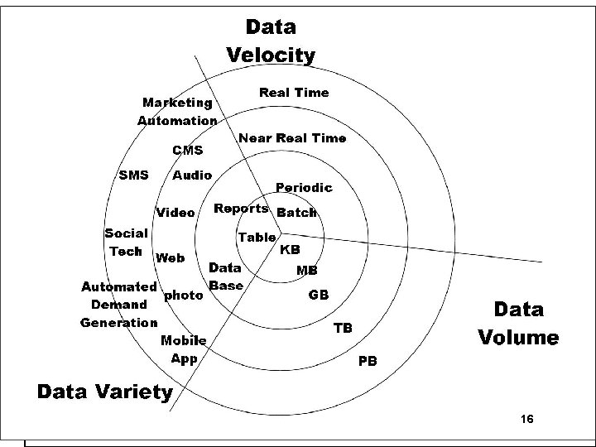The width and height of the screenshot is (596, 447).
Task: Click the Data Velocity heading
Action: click(x=271, y=41)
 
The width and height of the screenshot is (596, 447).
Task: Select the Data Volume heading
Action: click(x=518, y=324)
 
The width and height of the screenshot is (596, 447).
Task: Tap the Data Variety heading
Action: click(x=105, y=392)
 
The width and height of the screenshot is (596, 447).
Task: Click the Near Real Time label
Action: click(x=292, y=138)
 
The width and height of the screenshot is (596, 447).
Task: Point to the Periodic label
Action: click(x=304, y=188)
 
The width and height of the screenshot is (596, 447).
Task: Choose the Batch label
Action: click(x=296, y=213)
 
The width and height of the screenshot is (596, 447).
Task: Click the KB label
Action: click(x=290, y=249)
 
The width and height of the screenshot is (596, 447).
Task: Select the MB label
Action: click(x=307, y=271)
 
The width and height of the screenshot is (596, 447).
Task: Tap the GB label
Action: click(x=319, y=295)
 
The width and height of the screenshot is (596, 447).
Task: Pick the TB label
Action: click(x=343, y=328)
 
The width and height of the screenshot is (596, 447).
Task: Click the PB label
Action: click(x=368, y=362)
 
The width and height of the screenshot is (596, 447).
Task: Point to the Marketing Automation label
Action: click(x=177, y=112)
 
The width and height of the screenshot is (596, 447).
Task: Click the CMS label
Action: click(x=188, y=151)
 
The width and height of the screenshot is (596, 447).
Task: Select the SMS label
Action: click(x=134, y=175)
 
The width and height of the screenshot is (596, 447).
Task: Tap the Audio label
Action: click(x=191, y=175)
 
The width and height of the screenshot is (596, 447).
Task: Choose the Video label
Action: click(x=175, y=213)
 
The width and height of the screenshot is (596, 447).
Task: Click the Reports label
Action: click(x=241, y=209)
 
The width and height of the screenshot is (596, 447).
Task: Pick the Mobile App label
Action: click(x=184, y=349)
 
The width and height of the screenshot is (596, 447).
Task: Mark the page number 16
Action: click(x=527, y=421)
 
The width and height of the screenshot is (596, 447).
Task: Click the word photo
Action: click(x=184, y=294)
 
